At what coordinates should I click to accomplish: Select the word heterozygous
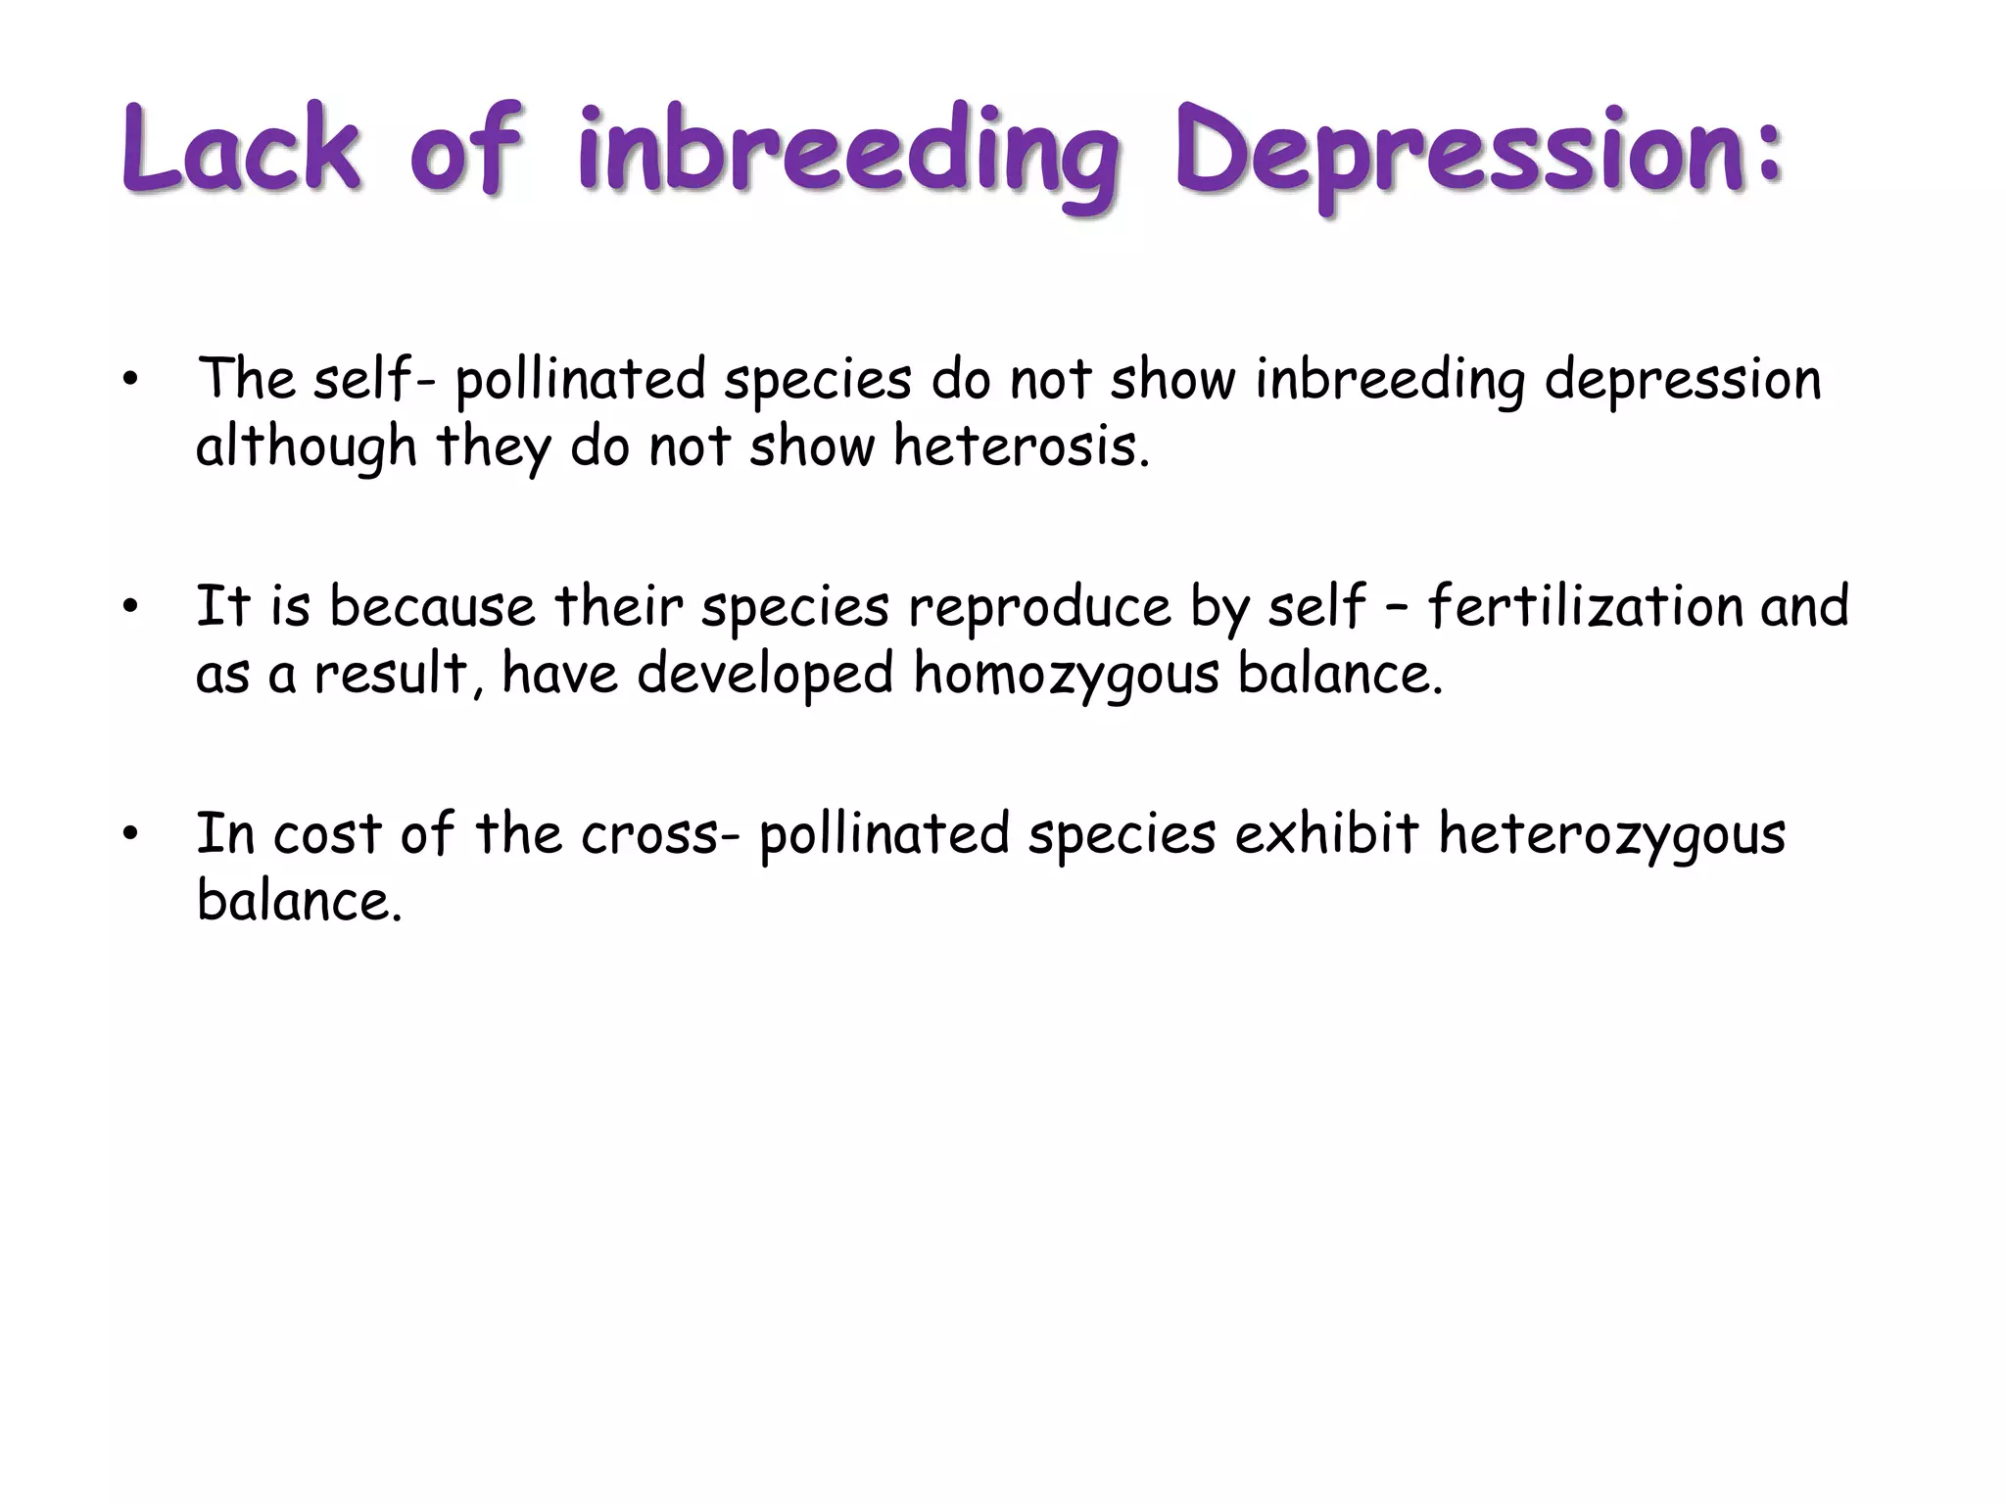coord(1611,835)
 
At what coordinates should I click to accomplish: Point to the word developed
coord(765,675)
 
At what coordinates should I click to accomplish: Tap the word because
coord(432,606)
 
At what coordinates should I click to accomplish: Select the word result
coord(392,675)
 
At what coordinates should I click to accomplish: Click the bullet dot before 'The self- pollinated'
coord(130,381)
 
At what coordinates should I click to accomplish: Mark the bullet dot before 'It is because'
coord(130,608)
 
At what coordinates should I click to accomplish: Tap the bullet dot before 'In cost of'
coord(130,835)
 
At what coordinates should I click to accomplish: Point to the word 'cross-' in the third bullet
coord(660,835)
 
